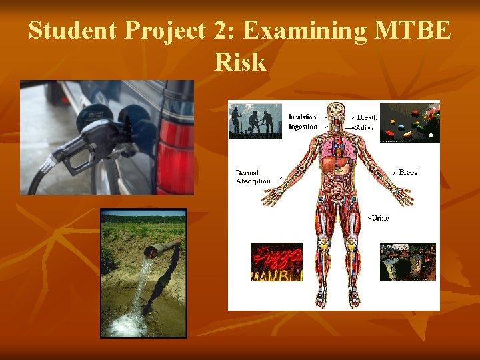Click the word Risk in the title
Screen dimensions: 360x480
tap(240, 62)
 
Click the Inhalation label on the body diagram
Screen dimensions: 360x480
tap(303, 117)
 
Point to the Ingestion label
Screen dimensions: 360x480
tap(303, 127)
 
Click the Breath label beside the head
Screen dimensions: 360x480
tap(367, 118)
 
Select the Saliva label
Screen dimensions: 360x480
tap(365, 127)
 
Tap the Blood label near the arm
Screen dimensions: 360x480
tap(407, 173)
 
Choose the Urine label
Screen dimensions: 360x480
tap(379, 218)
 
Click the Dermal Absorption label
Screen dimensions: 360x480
tap(253, 177)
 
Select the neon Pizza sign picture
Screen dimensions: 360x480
tap(276, 261)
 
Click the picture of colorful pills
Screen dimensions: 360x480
tap(409, 121)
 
